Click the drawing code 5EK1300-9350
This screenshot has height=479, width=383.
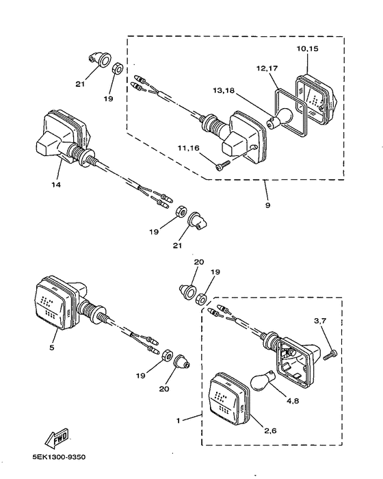coord(60,457)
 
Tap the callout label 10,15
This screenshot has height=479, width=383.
coord(308,49)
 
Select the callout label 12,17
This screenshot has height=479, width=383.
coord(267,68)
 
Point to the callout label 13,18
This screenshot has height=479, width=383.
coord(224,91)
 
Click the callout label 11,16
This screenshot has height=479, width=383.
coord(189,148)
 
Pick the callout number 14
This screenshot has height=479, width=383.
coord(56,185)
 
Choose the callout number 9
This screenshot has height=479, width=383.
coord(268,205)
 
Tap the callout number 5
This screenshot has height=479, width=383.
coord(51,348)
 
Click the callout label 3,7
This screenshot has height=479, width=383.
coord(320,321)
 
